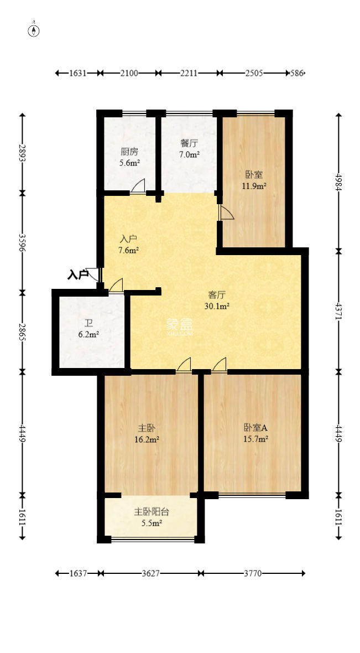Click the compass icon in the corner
pyautogui.click(x=34, y=30)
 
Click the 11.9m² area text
pyautogui.click(x=254, y=186)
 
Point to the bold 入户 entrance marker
pyautogui.click(x=78, y=274)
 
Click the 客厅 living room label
pyautogui.click(x=217, y=295)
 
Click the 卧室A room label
pyautogui.click(x=255, y=428)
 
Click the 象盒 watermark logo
pyautogui.click(x=179, y=326)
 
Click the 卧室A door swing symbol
pyautogui.click(x=220, y=365)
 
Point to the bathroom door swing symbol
pyautogui.click(x=116, y=285)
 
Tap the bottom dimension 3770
pyautogui.click(x=253, y=574)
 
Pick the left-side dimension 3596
pyautogui.click(x=22, y=242)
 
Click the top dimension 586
pyautogui.click(x=298, y=72)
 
